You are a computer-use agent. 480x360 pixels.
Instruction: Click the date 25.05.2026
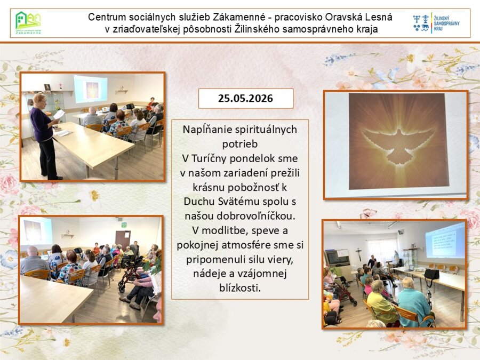[x=245, y=98]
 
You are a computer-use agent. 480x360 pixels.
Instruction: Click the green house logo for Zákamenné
[x=28, y=23]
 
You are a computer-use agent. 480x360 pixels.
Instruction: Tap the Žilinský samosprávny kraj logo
[x=436, y=23]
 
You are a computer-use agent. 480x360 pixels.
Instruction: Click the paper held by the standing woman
[x=59, y=115]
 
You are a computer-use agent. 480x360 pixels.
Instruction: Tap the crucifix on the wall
[x=359, y=254]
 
